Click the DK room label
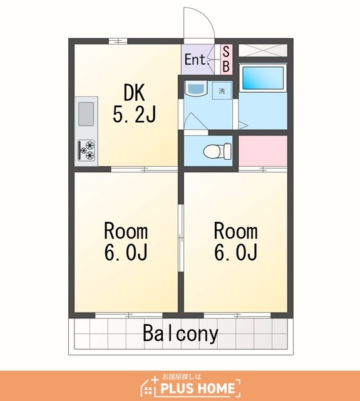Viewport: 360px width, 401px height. click(134, 92)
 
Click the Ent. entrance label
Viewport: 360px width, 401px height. click(195, 60)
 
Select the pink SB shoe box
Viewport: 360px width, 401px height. click(227, 60)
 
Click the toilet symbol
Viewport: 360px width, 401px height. click(217, 151)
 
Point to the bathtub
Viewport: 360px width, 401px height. click(263, 78)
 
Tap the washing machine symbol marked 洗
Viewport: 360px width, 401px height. click(222, 91)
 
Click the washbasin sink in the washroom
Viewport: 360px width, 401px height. click(196, 88)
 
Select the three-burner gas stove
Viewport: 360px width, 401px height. click(86, 150)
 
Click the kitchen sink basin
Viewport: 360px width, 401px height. click(86, 114)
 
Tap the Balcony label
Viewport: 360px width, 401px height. click(180, 333)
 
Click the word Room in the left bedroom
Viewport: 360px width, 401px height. click(126, 231)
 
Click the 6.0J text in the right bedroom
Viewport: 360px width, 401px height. click(235, 252)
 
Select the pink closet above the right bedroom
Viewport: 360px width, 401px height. click(263, 151)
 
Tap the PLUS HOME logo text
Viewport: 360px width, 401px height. click(197, 388)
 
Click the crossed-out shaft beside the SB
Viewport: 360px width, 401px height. click(263, 50)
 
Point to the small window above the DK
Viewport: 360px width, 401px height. click(118, 41)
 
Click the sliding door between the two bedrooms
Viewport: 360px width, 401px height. click(181, 237)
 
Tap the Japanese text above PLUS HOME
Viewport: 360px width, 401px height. click(182, 377)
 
